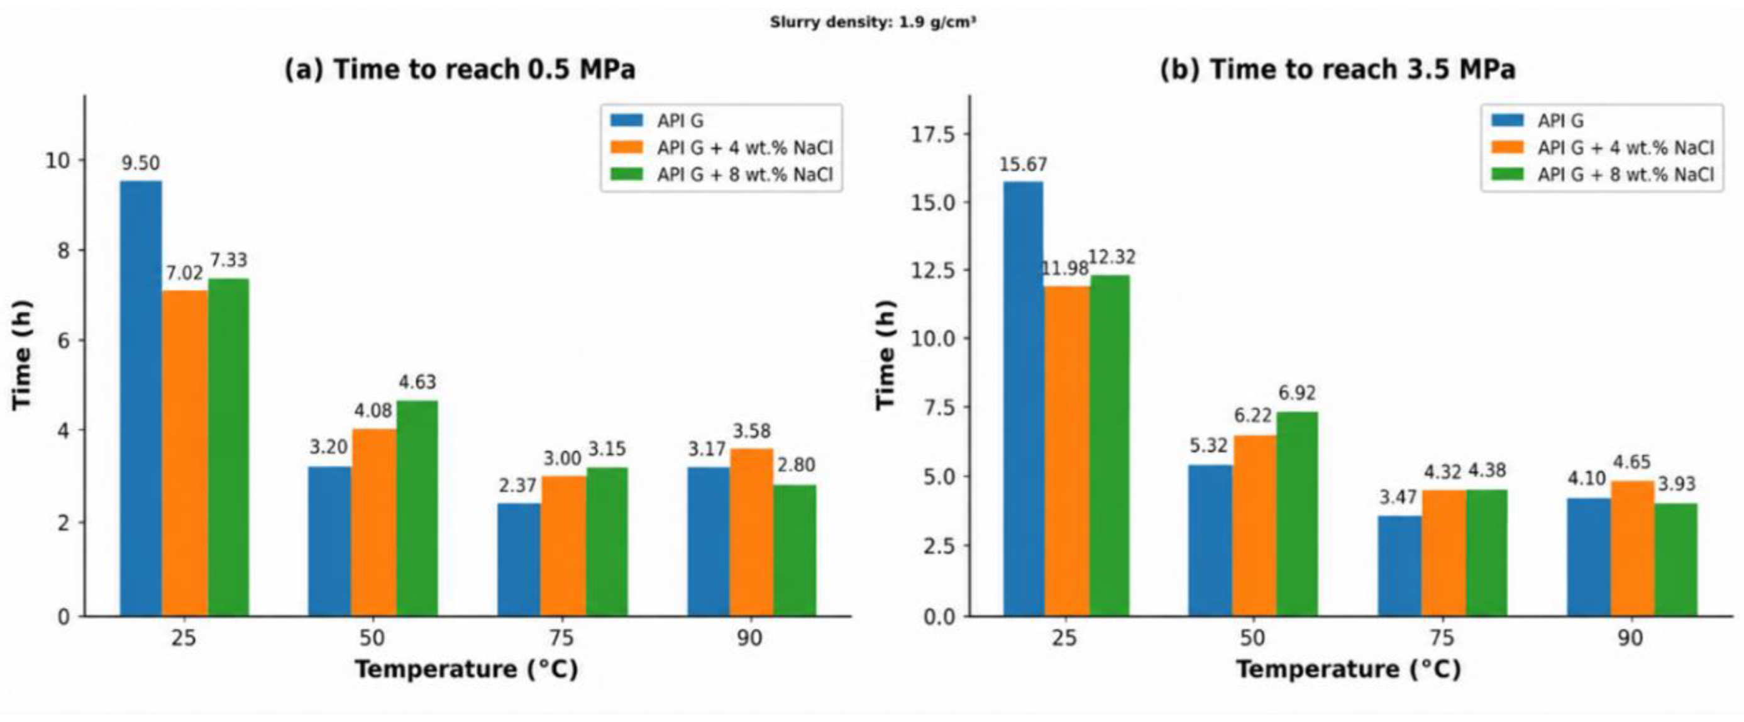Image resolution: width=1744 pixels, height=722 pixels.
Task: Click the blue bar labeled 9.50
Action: point(141,398)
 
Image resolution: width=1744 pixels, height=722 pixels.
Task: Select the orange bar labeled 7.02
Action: point(185,453)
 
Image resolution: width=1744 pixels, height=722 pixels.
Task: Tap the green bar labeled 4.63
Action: point(417,508)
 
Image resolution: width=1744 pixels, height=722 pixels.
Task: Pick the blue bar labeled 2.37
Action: point(519,560)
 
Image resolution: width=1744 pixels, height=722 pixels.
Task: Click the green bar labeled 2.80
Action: point(795,551)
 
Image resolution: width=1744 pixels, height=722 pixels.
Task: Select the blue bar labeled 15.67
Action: point(1024,399)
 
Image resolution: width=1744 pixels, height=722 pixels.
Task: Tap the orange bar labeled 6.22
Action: point(1254,526)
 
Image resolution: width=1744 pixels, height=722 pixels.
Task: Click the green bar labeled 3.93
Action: point(1675,560)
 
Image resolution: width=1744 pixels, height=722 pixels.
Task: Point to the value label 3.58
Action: point(751,431)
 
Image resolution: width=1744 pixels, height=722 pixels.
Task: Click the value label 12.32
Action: point(1112,257)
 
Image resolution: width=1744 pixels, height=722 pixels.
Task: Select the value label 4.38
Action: point(1487,470)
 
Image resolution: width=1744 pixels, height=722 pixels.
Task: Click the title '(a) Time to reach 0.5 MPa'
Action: point(460,70)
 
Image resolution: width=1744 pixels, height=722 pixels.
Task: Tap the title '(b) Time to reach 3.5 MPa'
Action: point(1338,70)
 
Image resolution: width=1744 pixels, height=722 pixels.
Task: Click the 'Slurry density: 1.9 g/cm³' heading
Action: point(873,23)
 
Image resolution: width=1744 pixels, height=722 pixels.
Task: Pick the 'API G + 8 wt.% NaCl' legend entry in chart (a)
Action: point(722,174)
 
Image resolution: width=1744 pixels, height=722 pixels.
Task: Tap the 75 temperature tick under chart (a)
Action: point(561,638)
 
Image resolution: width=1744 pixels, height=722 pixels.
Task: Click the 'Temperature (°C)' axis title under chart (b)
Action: point(1348,669)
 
